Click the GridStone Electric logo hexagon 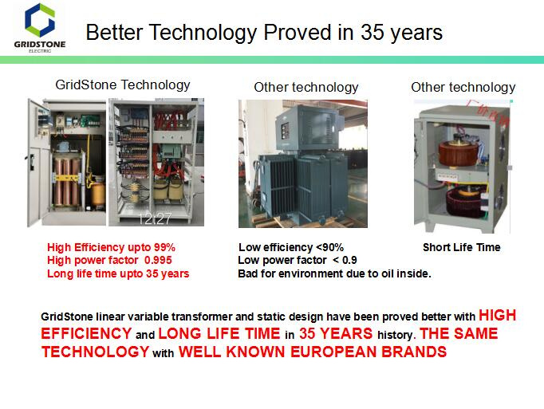pyautogui.click(x=40, y=20)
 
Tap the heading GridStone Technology pyautogui.click(x=123, y=85)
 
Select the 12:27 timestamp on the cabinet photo pyautogui.click(x=155, y=218)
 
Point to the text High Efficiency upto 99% pyautogui.click(x=112, y=247)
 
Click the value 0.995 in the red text pyautogui.click(x=158, y=260)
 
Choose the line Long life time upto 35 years pyautogui.click(x=118, y=273)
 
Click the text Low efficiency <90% pyautogui.click(x=291, y=247)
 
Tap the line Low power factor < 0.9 pyautogui.click(x=298, y=260)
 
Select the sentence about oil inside pyautogui.click(x=334, y=273)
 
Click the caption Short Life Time pyautogui.click(x=461, y=247)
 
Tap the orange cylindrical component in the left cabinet pyautogui.click(x=98, y=194)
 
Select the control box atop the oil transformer pyautogui.click(x=306, y=128)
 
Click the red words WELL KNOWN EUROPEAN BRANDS pyautogui.click(x=313, y=352)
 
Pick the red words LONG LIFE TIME pyautogui.click(x=219, y=334)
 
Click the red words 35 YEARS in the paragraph pyautogui.click(x=336, y=334)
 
